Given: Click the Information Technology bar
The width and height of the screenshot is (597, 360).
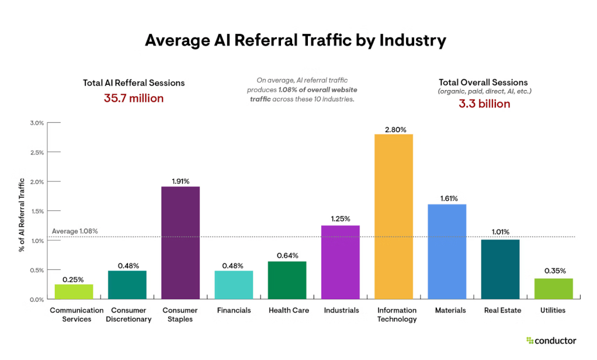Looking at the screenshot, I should [x=394, y=216].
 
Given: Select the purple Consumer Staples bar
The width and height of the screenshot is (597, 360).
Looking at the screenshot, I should [x=180, y=243].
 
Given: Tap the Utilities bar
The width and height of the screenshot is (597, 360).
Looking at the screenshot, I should [x=553, y=289].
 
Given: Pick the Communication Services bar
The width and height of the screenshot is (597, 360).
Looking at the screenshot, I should [x=74, y=292].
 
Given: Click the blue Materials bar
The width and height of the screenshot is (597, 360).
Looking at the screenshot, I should [x=447, y=251].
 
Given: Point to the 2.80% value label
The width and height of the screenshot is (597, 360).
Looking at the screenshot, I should [x=394, y=129].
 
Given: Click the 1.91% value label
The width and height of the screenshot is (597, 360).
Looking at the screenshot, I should [x=180, y=181].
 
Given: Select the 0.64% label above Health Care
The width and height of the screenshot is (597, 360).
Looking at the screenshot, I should [x=287, y=255].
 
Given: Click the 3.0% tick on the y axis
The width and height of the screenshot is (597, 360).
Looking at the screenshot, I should [x=37, y=123].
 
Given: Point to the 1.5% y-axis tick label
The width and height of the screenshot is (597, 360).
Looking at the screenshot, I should [x=37, y=211].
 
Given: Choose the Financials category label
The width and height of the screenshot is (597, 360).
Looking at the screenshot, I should [x=234, y=310].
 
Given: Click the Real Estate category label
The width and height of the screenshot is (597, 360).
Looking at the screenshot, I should [x=500, y=310].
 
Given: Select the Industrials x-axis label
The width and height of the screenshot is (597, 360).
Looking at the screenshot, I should [x=341, y=310].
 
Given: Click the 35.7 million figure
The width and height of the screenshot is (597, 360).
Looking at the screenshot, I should [x=134, y=98].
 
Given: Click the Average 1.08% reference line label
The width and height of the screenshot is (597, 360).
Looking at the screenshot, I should [x=75, y=231].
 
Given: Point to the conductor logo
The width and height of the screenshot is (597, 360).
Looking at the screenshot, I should [x=551, y=340].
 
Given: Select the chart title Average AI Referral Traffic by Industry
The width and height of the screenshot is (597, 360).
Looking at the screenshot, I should [x=296, y=40].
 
